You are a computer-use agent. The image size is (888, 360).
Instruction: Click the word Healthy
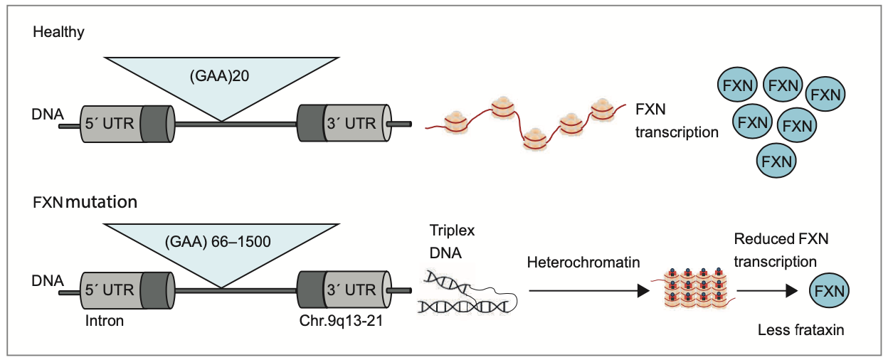click(63, 32)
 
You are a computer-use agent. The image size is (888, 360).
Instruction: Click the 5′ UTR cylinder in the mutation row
click(125, 290)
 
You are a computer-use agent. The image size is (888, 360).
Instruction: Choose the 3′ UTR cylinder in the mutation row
click(345, 290)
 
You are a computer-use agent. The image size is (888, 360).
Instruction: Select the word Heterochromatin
click(583, 263)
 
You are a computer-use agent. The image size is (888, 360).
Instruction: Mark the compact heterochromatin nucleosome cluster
click(694, 289)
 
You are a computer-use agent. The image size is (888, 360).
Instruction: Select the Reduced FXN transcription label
click(781, 250)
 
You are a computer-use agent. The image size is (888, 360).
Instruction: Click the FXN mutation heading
click(85, 202)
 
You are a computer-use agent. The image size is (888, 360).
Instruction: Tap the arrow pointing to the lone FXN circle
click(766, 290)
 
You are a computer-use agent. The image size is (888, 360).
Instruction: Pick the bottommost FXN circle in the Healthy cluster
click(776, 161)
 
